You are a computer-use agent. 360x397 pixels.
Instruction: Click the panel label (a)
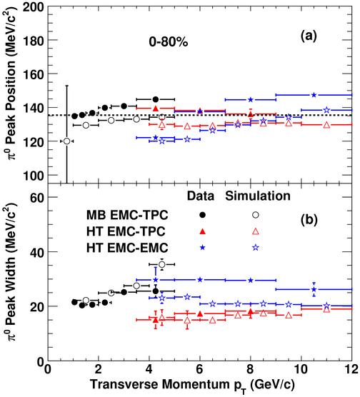309,36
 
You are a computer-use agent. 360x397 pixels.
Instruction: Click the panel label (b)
309,220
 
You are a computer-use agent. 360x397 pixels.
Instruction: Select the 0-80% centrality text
169,42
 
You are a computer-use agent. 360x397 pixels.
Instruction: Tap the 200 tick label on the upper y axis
34,6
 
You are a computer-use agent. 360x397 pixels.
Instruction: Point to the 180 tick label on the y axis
34,41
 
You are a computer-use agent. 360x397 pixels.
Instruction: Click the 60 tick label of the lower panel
37,198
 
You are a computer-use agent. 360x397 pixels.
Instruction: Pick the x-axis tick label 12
351,368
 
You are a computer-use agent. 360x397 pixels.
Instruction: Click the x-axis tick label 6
199,368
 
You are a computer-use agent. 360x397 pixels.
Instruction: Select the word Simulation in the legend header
258,196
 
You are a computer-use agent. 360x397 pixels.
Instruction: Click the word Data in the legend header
201,196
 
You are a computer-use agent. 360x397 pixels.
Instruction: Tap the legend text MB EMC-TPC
127,215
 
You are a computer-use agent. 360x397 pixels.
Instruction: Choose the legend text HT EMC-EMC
127,247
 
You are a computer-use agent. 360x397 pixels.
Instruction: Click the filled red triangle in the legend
202,231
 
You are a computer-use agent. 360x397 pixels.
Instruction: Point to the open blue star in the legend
256,247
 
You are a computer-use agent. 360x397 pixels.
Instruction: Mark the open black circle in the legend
256,215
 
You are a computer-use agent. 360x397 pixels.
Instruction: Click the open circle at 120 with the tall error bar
67,141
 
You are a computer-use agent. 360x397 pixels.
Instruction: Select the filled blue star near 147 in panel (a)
314,95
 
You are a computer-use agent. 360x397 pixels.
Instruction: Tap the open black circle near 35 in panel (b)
162,264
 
